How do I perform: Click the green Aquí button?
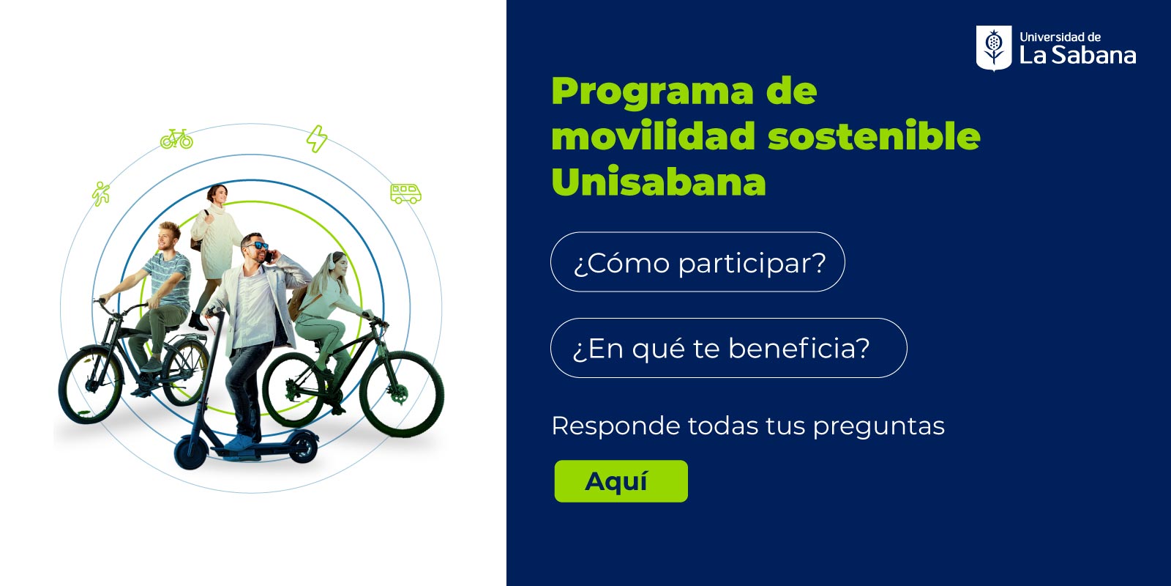point(621,481)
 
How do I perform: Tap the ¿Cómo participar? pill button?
point(697,262)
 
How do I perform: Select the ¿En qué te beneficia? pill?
point(729,348)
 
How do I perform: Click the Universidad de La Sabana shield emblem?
point(994,48)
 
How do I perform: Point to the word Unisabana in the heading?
point(659,182)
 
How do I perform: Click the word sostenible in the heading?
point(874,136)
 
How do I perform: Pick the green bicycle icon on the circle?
point(176,139)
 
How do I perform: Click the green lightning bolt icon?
point(317,138)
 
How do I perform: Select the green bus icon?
point(405,193)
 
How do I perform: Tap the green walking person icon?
point(101,193)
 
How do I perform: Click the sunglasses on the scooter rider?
point(257,245)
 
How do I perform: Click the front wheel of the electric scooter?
point(190,453)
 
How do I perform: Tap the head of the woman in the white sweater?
point(217,194)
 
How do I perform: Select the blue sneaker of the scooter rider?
point(239,442)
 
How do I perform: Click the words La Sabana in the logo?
point(1077,55)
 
